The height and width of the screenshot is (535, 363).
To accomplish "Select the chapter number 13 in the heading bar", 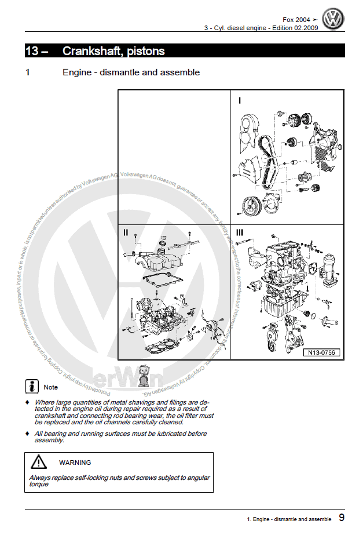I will tap(32, 51).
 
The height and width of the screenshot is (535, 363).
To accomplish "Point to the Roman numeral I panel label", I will tap(240, 100).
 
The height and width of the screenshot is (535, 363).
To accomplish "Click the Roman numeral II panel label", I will tap(126, 232).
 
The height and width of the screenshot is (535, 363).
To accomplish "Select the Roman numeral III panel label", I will tap(240, 232).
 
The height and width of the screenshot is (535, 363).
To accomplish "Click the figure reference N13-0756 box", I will tap(322, 352).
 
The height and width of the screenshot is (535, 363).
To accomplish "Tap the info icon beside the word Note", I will tap(32, 386).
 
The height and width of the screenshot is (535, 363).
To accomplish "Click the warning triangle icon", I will tap(38, 462).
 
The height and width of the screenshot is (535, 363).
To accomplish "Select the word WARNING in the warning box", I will tap(75, 463).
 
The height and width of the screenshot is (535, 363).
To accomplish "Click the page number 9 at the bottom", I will tap(342, 518).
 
